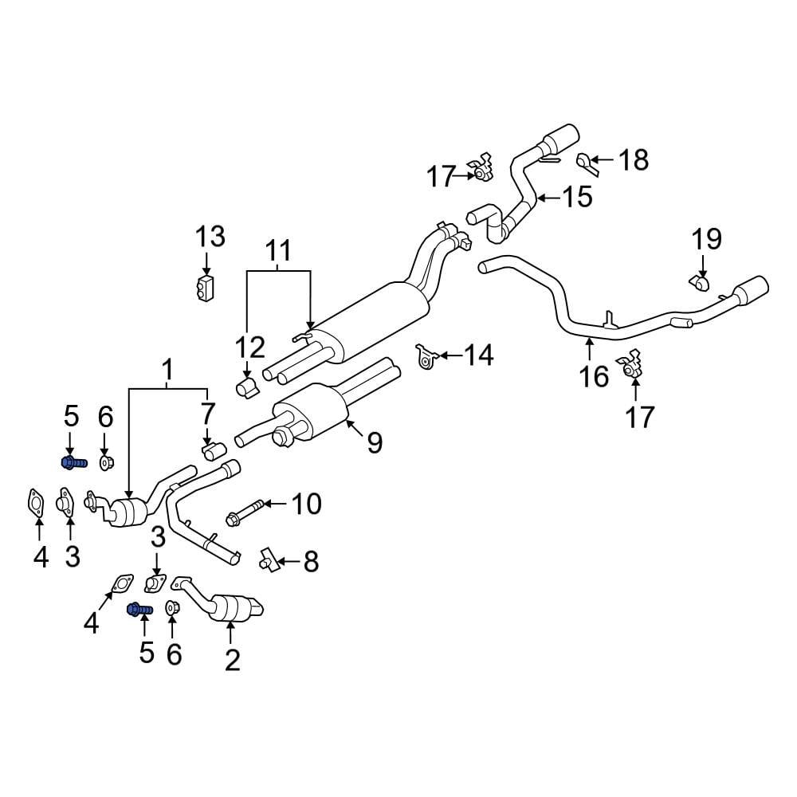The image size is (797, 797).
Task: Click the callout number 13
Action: tap(211, 237)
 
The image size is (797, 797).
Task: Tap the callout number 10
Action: tap(305, 504)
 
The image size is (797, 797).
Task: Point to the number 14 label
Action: tap(478, 355)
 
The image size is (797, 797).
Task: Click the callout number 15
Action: tap(577, 196)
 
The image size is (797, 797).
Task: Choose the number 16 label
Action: tap(595, 375)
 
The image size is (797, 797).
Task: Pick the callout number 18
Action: tap(634, 160)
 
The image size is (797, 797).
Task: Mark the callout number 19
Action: tap(706, 238)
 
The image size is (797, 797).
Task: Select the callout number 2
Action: tap(232, 659)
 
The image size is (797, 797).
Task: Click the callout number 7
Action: tap(208, 414)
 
